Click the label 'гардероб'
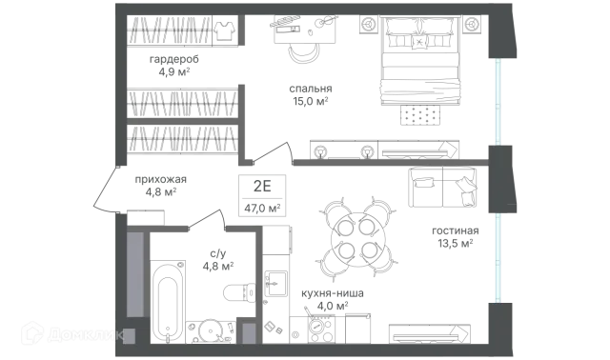(173, 59)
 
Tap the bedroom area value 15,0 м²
(310, 102)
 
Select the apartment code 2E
(262, 187)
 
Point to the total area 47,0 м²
(262, 209)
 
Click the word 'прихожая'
(161, 179)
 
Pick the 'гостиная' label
(456, 230)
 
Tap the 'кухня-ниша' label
(333, 293)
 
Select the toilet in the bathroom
(239, 292)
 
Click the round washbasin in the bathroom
(211, 331)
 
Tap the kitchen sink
(275, 284)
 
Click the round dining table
(357, 239)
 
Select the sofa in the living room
(442, 187)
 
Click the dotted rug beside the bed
(420, 115)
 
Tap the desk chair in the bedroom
(304, 53)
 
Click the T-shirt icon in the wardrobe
(224, 30)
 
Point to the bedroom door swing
(273, 151)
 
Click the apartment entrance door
(104, 190)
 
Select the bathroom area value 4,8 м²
(218, 267)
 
